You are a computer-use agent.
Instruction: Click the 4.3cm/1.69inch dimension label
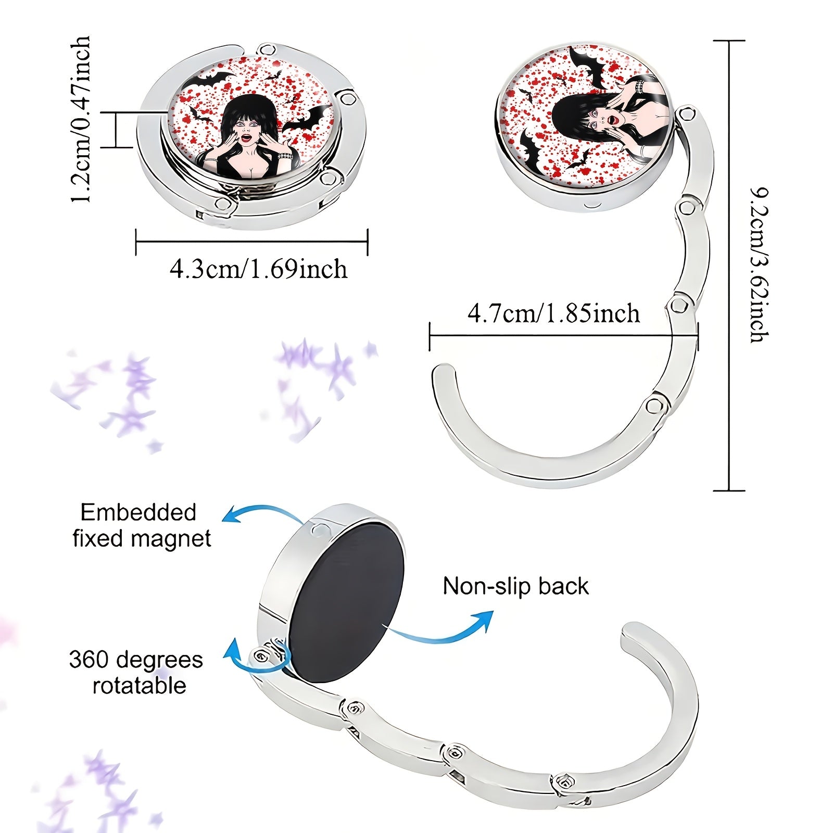258,269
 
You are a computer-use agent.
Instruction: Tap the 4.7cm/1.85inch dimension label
553,313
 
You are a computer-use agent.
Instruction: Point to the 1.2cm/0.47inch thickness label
81,119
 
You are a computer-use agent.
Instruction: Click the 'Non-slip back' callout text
515,586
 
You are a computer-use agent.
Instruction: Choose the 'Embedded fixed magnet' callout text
142,525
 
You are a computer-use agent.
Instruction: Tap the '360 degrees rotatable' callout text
136,672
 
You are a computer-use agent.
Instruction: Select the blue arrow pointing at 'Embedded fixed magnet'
260,510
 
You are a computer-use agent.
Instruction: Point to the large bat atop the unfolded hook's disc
586,65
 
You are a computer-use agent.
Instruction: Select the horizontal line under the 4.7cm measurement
564,336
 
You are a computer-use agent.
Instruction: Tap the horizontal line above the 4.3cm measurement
252,242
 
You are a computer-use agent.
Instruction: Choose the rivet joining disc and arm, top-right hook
686,114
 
